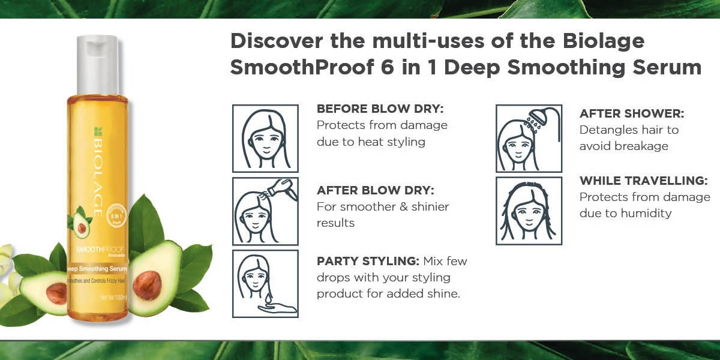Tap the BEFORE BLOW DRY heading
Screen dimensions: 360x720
pos(380,109)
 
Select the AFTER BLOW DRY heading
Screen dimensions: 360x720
pos(375,190)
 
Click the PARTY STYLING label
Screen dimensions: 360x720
pos(367,262)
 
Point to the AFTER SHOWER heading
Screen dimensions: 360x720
pos(632,113)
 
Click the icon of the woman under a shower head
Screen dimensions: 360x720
pos(529,139)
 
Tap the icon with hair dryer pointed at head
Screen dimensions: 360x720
pos(265,211)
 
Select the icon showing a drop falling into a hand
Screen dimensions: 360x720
pos(265,284)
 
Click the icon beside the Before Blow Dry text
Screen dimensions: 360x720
pos(265,139)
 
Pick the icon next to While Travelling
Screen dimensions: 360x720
pos(529,211)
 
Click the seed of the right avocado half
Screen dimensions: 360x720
pos(146,285)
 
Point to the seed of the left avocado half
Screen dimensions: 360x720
pos(56,292)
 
